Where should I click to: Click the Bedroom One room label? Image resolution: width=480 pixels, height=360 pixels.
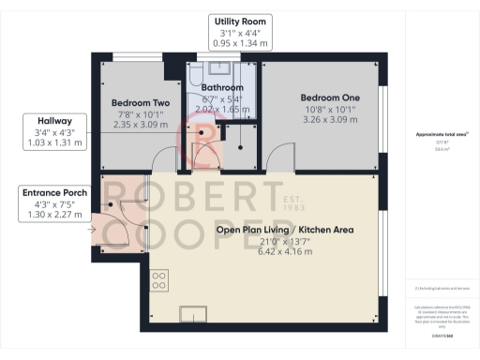tap(322, 97)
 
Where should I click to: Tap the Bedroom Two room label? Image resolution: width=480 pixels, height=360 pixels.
tap(140, 102)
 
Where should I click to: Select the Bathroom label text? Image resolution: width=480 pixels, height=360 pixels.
tap(222, 87)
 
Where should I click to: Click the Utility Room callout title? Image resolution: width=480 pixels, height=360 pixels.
tap(240, 22)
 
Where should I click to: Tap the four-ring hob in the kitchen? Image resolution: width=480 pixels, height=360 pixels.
tap(158, 279)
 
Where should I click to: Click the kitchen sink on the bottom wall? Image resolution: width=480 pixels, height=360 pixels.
tap(194, 312)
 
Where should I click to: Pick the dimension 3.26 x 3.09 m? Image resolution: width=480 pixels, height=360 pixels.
tap(322, 121)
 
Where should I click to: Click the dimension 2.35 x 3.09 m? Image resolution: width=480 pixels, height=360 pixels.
tap(140, 126)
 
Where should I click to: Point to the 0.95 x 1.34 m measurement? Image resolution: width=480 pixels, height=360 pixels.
tap(240, 43)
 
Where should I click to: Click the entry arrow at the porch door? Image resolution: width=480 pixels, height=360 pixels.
tap(93, 227)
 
